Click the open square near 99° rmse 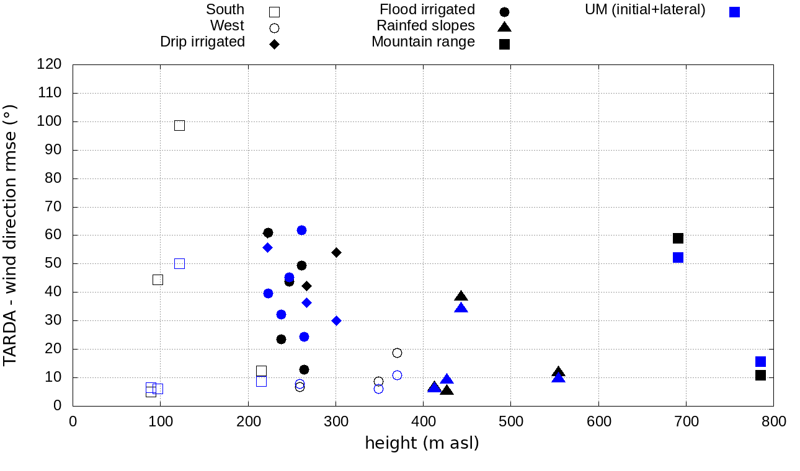pyautogui.click(x=179, y=125)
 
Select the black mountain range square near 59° pyautogui.click(x=678, y=238)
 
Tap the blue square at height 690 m pyautogui.click(x=678, y=257)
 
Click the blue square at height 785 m pyautogui.click(x=760, y=361)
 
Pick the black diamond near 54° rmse pyautogui.click(x=336, y=252)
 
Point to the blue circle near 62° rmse pyautogui.click(x=301, y=230)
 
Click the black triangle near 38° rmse pyautogui.click(x=461, y=296)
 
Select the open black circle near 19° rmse pyautogui.click(x=397, y=353)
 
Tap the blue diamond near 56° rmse pyautogui.click(x=268, y=247)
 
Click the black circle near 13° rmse pyautogui.click(x=304, y=369)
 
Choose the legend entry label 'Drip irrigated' pyautogui.click(x=202, y=42)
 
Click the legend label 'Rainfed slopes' pyautogui.click(x=425, y=25)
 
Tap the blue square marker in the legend pyautogui.click(x=734, y=12)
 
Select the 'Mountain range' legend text pyautogui.click(x=423, y=42)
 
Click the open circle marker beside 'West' pyautogui.click(x=274, y=28)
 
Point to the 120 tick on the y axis pyautogui.click(x=50, y=64)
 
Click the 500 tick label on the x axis pyautogui.click(x=510, y=421)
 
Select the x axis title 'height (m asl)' pyautogui.click(x=422, y=444)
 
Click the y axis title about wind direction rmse pyautogui.click(x=10, y=235)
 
